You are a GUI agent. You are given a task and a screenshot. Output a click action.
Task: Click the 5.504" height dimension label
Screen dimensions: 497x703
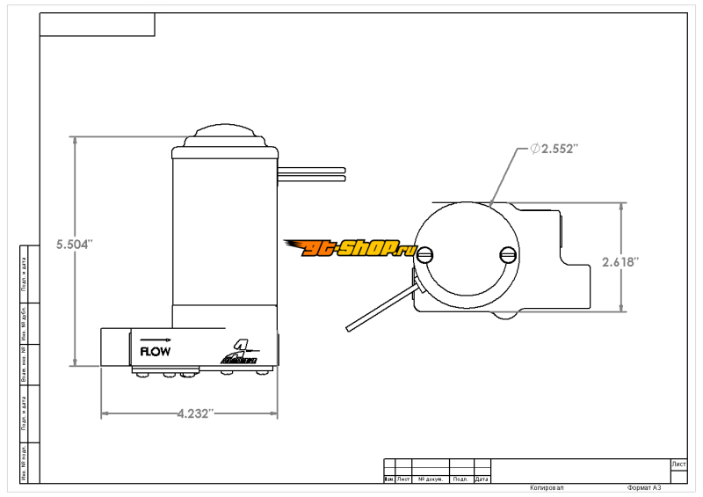[x=74, y=245]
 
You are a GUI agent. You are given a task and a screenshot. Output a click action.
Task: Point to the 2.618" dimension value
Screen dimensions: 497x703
[x=620, y=262]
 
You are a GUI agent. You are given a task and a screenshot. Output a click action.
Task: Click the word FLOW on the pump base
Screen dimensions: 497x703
[x=156, y=350]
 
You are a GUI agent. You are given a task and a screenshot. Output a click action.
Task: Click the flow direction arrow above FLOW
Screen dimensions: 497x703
[x=155, y=339]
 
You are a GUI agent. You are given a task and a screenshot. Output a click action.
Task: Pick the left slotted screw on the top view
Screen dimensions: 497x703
[x=427, y=256]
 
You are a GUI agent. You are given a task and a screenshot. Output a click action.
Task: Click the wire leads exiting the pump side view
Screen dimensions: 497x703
[x=312, y=173]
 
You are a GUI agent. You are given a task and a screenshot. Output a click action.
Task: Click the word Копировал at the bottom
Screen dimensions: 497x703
[x=546, y=487]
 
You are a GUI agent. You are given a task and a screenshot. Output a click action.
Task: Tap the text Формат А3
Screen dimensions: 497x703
[x=644, y=487]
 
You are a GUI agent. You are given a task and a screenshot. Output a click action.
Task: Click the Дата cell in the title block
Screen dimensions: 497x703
[x=482, y=479]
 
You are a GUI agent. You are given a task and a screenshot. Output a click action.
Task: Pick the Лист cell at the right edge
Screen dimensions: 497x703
[x=678, y=463]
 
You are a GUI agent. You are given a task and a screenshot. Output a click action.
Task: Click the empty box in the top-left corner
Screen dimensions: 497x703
[x=97, y=25]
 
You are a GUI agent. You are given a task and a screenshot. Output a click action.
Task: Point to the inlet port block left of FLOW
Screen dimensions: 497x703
[x=115, y=347]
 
